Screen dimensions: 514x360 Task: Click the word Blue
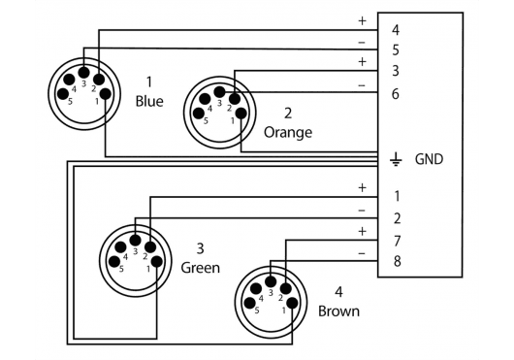click(x=149, y=101)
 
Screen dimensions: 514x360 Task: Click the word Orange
click(x=288, y=133)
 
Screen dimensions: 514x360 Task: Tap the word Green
click(x=201, y=268)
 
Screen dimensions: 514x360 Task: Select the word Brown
click(x=338, y=311)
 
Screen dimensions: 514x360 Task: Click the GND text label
click(x=429, y=159)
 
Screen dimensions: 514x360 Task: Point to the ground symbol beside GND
click(x=396, y=159)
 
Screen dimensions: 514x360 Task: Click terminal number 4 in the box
click(x=396, y=30)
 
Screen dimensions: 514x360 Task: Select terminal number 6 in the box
click(x=396, y=94)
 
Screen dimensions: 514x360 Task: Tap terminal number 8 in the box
click(x=397, y=261)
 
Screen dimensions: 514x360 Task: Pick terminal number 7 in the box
click(x=397, y=241)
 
